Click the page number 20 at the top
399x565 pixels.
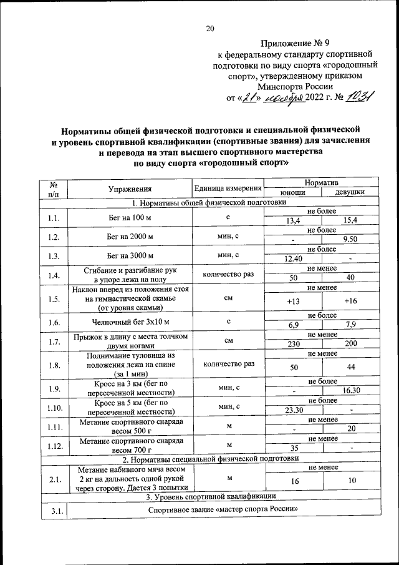tap(210, 27)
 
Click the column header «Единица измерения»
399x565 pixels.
tap(228, 188)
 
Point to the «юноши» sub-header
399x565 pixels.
tap(293, 192)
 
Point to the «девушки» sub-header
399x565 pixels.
tap(350, 192)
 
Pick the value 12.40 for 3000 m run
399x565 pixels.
tap(293, 258)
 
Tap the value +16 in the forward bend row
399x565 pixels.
tap(350, 302)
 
